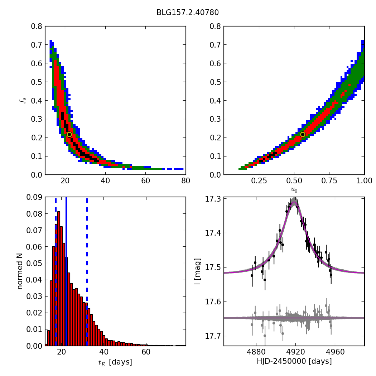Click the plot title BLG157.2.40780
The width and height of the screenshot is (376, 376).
(x=187, y=13)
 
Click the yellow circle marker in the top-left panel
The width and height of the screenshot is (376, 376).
(x=69, y=135)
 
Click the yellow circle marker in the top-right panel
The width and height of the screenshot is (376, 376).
(x=303, y=134)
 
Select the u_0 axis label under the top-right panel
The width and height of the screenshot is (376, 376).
(x=294, y=190)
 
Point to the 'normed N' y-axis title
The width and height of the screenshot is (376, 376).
(x=20, y=271)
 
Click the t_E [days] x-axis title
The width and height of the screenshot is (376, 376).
(x=115, y=362)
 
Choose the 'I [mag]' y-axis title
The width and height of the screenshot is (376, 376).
(x=197, y=271)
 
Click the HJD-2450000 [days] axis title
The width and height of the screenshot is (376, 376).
(x=294, y=361)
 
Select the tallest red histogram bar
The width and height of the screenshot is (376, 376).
(x=59, y=279)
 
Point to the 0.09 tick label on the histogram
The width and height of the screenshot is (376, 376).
(x=35, y=197)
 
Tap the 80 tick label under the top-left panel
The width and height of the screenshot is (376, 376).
(x=185, y=181)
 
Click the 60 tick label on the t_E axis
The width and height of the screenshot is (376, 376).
(x=146, y=352)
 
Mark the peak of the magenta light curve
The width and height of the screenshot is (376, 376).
(x=294, y=202)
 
